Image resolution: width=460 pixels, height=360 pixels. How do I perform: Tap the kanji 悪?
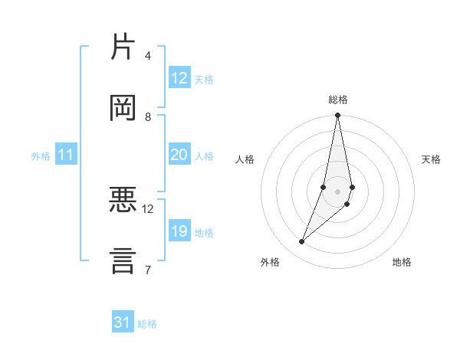(x=123, y=201)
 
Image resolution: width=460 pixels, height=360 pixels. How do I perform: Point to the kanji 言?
(x=123, y=260)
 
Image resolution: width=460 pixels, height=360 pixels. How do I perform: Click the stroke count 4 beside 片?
(x=147, y=55)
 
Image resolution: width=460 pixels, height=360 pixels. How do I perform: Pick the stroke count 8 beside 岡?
(x=147, y=116)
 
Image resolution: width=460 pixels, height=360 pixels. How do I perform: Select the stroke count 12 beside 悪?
(x=147, y=208)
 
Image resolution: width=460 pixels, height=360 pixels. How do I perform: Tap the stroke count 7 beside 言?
(x=147, y=269)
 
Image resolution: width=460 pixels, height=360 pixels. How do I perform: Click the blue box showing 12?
(x=179, y=78)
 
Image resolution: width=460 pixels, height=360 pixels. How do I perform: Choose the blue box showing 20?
(x=179, y=155)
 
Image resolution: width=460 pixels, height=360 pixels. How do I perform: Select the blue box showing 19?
(x=179, y=231)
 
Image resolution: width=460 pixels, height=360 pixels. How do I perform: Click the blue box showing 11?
(x=66, y=155)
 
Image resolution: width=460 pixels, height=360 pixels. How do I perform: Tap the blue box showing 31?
(x=123, y=322)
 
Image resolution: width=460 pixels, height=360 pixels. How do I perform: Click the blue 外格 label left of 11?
(x=41, y=155)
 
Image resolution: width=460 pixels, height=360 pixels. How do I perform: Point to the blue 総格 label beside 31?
(x=147, y=324)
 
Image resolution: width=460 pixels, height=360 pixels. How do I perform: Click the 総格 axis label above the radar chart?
(x=337, y=100)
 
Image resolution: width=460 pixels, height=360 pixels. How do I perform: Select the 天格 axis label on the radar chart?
(x=431, y=159)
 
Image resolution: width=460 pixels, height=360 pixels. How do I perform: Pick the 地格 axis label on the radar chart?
(x=402, y=262)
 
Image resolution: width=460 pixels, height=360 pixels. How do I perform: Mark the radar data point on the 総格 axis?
(x=337, y=116)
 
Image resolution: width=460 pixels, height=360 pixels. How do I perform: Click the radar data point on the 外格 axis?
(x=301, y=242)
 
